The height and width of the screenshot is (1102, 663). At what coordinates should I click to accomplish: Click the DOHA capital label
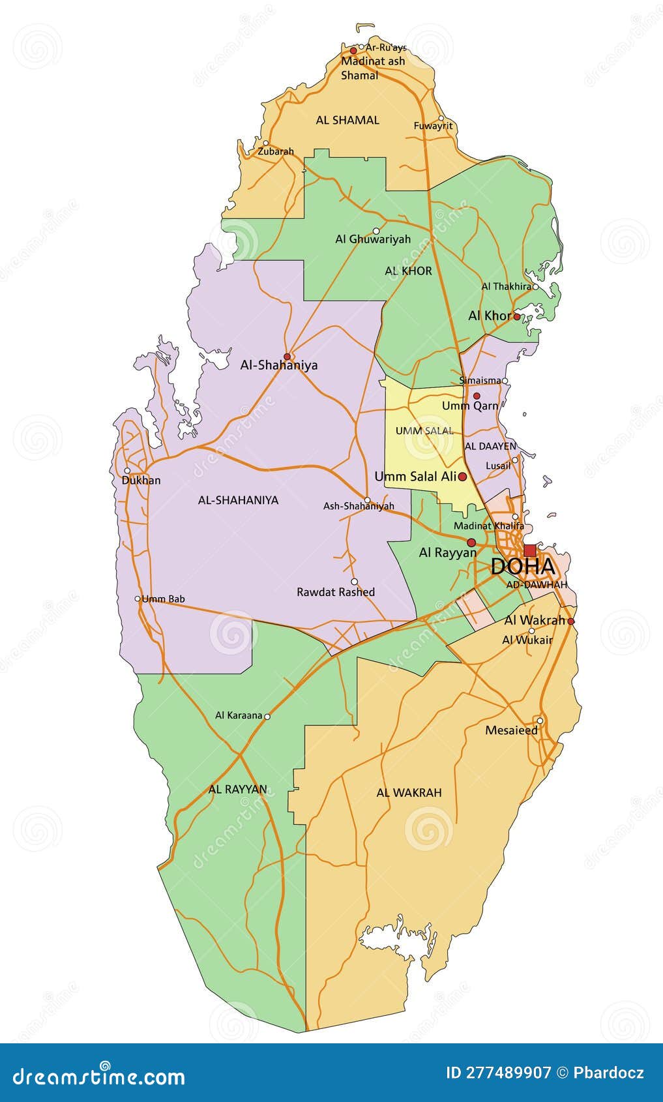click(x=523, y=566)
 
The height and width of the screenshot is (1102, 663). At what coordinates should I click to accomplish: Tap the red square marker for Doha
click(x=529, y=550)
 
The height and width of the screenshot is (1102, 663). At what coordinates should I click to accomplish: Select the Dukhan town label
click(x=141, y=481)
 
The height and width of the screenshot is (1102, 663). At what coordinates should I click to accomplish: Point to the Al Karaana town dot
click(x=267, y=716)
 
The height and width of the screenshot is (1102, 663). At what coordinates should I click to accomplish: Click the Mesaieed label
click(x=512, y=730)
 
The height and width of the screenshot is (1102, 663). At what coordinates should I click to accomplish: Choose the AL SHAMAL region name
click(x=347, y=120)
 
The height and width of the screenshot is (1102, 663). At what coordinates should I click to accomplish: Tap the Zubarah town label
click(x=276, y=151)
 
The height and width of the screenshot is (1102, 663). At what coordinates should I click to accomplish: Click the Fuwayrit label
click(x=433, y=126)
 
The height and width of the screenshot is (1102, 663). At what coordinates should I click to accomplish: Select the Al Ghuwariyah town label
click(x=373, y=239)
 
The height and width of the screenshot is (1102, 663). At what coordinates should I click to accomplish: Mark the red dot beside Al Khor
click(x=516, y=316)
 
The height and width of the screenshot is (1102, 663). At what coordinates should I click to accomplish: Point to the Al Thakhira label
click(x=507, y=286)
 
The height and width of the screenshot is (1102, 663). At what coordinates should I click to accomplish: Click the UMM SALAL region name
click(x=424, y=431)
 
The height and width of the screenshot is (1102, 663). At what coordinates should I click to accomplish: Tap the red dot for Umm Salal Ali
click(x=462, y=477)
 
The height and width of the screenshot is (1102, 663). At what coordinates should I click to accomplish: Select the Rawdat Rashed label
click(x=336, y=592)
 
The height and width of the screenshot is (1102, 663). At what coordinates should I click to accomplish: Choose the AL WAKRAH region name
click(x=409, y=793)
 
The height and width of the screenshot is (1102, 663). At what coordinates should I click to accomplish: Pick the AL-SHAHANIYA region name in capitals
click(x=238, y=500)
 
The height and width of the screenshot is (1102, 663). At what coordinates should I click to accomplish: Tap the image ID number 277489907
click(x=507, y=1073)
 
